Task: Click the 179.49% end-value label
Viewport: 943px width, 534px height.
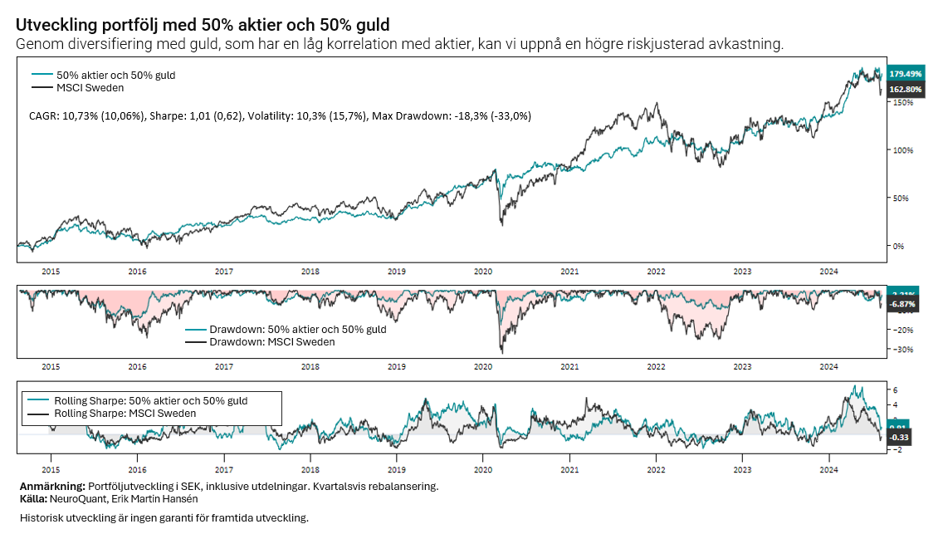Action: [x=905, y=74]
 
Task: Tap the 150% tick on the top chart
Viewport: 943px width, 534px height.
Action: [x=903, y=102]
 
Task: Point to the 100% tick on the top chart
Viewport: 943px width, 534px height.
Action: [x=903, y=150]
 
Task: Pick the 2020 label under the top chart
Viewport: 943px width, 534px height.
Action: [x=483, y=271]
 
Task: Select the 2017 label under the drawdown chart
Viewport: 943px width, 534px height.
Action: [x=223, y=366]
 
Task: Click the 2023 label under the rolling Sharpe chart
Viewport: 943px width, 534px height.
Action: [x=742, y=458]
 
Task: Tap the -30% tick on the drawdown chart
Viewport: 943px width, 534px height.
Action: [x=902, y=350]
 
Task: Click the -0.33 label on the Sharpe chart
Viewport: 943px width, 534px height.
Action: [x=900, y=438]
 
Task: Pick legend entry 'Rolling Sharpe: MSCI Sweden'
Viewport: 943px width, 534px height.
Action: [x=125, y=414]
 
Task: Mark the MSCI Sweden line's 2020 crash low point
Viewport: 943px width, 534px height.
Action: [x=501, y=224]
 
